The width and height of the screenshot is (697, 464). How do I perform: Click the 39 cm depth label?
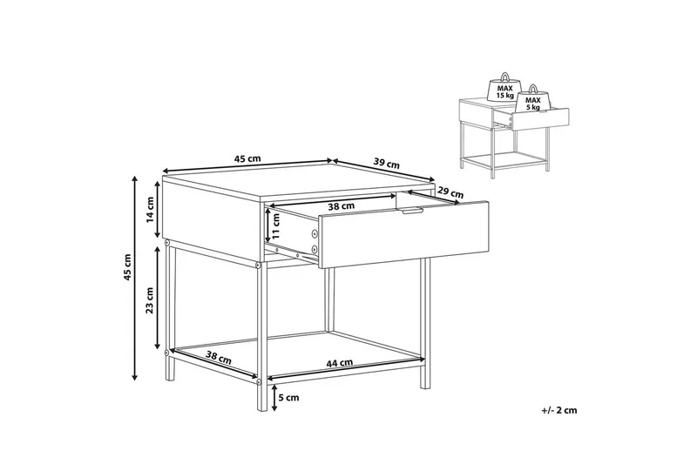point(386,164)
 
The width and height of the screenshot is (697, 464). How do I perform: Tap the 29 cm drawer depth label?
point(450,193)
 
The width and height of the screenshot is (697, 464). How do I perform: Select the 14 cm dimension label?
point(150,209)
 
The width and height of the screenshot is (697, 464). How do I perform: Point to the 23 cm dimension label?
point(150,300)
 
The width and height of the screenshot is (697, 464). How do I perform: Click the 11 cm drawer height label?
point(276,226)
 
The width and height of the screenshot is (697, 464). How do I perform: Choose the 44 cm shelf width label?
point(340,363)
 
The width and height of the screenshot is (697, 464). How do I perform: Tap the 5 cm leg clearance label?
point(289,397)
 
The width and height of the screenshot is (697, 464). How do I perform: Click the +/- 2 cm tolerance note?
point(559,410)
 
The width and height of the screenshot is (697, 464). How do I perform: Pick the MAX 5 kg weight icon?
point(533,100)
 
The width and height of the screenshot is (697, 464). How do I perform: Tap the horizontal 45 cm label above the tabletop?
point(247,159)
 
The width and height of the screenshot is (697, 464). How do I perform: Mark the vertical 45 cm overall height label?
point(128,268)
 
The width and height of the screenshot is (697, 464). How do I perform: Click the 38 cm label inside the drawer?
point(341,206)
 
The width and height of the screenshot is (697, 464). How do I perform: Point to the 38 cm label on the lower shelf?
point(219,358)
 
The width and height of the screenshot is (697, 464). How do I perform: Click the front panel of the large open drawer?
point(404,234)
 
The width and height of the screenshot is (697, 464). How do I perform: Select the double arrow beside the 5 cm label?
point(274,398)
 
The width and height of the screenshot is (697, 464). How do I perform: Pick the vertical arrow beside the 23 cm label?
point(157,298)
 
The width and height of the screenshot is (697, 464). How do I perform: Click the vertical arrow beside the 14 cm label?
point(158,209)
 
